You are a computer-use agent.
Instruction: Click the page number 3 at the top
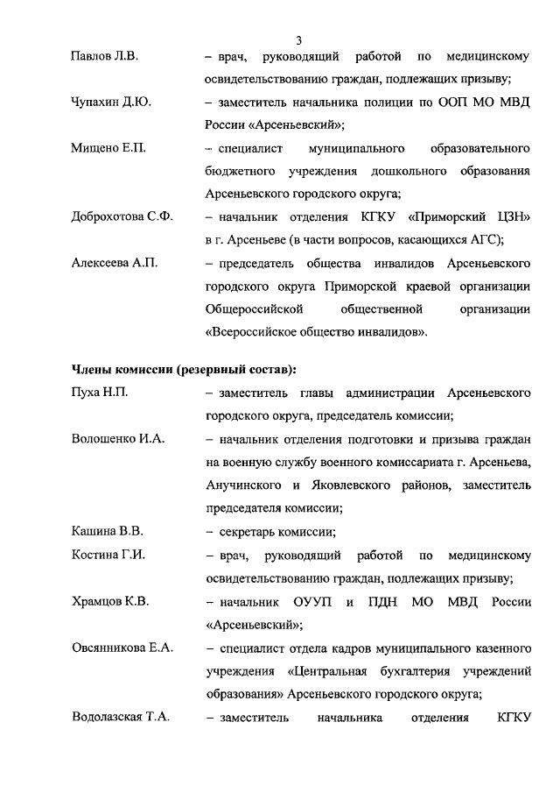[298, 40]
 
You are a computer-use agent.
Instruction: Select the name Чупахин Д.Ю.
[111, 103]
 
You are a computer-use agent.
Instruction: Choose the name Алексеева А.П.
[114, 263]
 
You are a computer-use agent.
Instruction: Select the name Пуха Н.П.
[99, 393]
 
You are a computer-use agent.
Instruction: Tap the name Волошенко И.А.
[118, 438]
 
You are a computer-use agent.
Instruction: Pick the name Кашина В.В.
[107, 530]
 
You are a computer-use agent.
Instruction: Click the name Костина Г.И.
[107, 556]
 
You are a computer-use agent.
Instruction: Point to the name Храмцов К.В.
[109, 602]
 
